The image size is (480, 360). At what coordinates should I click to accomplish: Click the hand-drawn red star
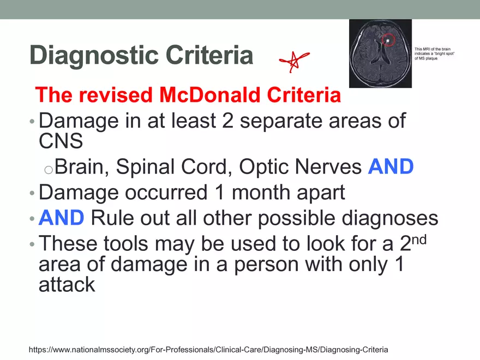(294, 61)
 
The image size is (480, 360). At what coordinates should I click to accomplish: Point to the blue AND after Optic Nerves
(391, 166)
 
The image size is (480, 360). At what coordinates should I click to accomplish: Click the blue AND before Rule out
(61, 218)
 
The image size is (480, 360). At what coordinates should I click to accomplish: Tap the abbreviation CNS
(61, 141)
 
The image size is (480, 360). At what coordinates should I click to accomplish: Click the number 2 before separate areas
(228, 121)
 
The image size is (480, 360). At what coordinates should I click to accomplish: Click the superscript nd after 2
(419, 239)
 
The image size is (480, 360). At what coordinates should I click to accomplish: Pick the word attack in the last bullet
(67, 284)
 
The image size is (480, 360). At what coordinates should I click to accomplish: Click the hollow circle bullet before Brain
(49, 170)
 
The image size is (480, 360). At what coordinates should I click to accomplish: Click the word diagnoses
(389, 219)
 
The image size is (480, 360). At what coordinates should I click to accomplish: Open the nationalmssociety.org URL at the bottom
(208, 350)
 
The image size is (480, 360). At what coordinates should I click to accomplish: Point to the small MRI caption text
(434, 53)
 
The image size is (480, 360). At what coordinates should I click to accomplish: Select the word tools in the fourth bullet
(125, 244)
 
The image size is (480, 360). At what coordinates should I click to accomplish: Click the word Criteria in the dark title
(209, 56)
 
